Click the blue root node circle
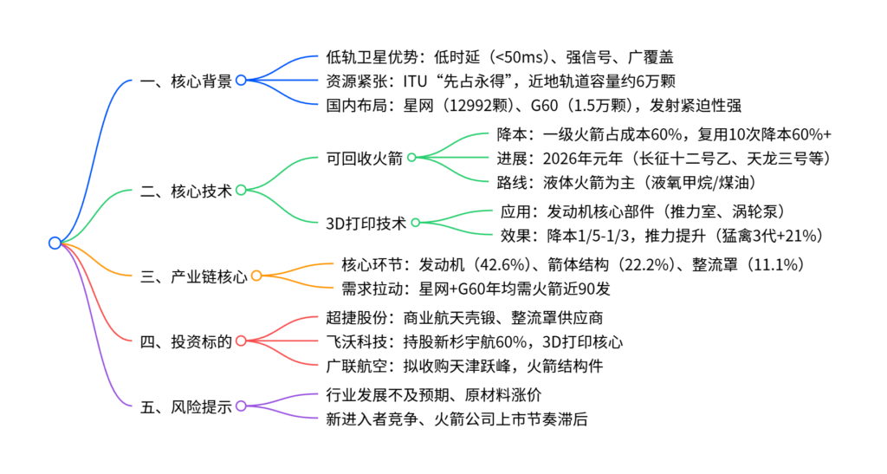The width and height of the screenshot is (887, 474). [55, 243]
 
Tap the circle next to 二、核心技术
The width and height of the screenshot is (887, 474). [241, 190]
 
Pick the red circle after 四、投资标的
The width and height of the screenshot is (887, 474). [241, 341]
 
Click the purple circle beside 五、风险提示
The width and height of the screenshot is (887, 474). [241, 406]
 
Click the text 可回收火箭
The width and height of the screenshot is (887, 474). [362, 158]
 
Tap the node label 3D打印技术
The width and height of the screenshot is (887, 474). [365, 223]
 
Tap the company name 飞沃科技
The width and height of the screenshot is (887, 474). [353, 341]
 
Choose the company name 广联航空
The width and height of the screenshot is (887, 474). [353, 365]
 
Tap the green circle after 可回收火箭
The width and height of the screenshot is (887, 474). [411, 158]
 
